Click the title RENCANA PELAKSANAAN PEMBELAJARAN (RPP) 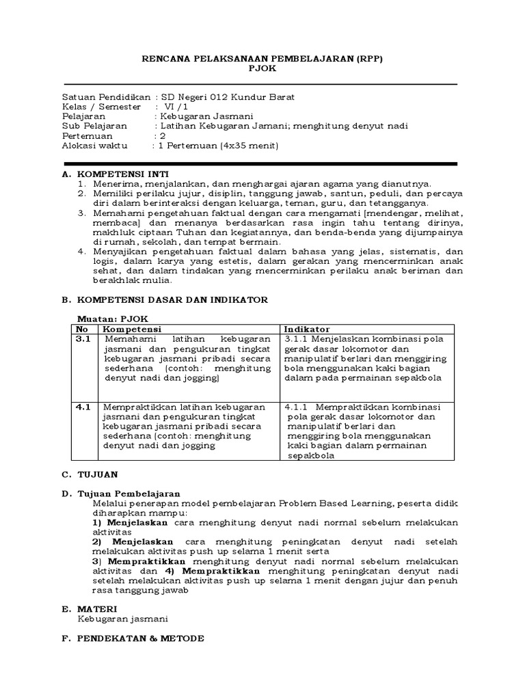tap(262, 59)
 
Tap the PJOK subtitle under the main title tap(262, 70)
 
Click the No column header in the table tap(82, 329)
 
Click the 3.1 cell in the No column tap(83, 339)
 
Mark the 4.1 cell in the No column tap(83, 407)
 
